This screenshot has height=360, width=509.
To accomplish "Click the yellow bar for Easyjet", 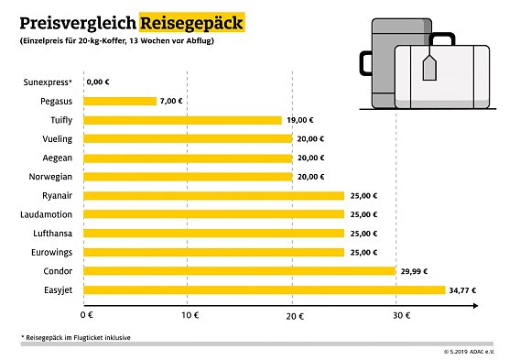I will (x=265, y=290).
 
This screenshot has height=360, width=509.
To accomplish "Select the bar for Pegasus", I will (x=122, y=101).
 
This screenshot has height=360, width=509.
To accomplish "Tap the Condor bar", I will (x=241, y=271).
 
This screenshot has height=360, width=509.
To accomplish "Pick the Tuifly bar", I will (x=184, y=120).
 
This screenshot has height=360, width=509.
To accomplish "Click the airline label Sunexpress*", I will (x=49, y=82).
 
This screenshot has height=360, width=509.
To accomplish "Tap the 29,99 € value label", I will (x=415, y=271).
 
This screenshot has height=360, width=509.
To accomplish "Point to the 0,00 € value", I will (x=98, y=82).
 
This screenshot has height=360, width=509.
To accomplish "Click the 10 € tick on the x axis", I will (x=190, y=315).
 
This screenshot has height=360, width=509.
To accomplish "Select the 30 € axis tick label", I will (x=395, y=315).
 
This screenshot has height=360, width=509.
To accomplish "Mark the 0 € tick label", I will (x=87, y=315).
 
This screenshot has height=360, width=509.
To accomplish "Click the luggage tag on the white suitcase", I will (x=430, y=68).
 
